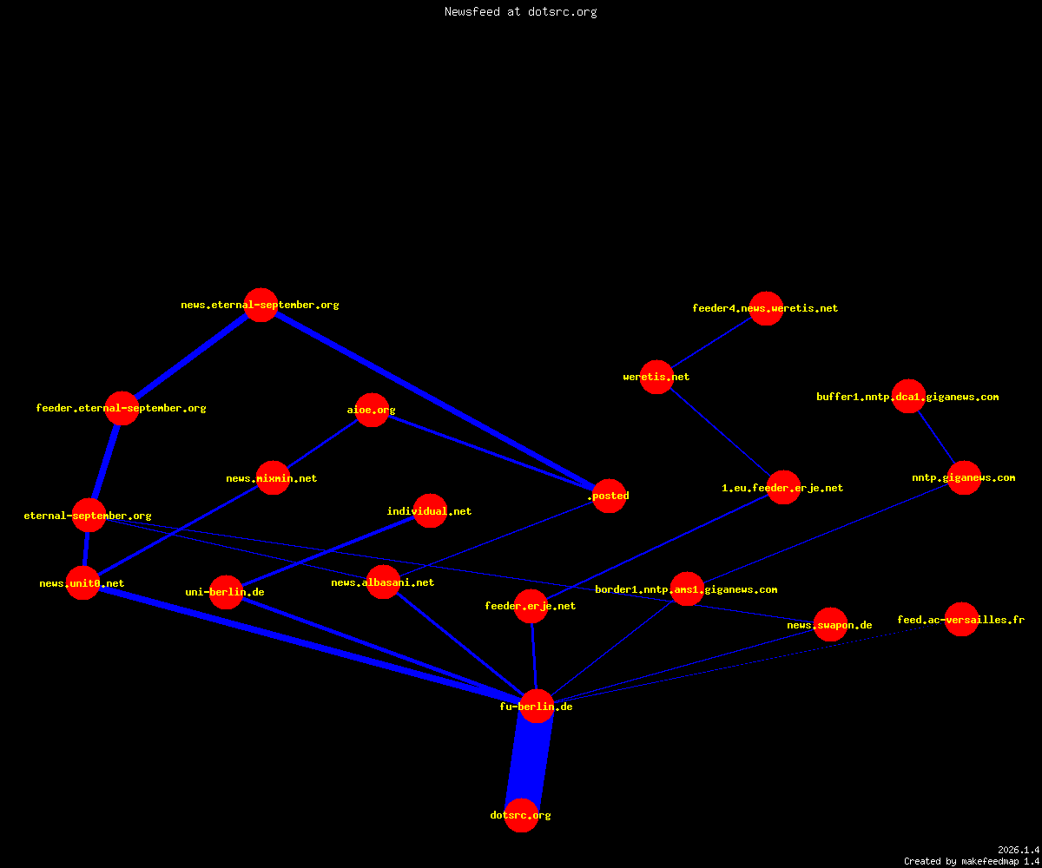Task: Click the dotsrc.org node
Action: (x=521, y=815)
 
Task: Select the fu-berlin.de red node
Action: (x=537, y=706)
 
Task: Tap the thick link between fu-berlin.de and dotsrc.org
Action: (x=529, y=760)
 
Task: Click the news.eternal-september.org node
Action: (x=260, y=305)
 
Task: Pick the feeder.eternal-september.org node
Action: (x=122, y=408)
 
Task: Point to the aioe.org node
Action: (x=372, y=410)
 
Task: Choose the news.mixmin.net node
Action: (x=273, y=478)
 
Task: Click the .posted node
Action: (x=610, y=496)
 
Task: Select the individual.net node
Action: (x=430, y=511)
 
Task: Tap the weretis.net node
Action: (x=656, y=377)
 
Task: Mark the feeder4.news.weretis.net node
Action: (x=766, y=308)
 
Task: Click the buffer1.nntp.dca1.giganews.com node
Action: (x=909, y=396)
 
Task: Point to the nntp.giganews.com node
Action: (x=964, y=477)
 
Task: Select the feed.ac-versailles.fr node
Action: (x=961, y=619)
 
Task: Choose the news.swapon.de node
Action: (x=830, y=625)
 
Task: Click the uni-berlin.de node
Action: (x=226, y=592)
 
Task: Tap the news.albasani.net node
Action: (x=383, y=582)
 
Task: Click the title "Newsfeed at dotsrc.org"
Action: (x=520, y=12)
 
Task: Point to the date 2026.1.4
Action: (x=1019, y=850)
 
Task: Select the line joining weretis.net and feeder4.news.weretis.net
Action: (x=712, y=343)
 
